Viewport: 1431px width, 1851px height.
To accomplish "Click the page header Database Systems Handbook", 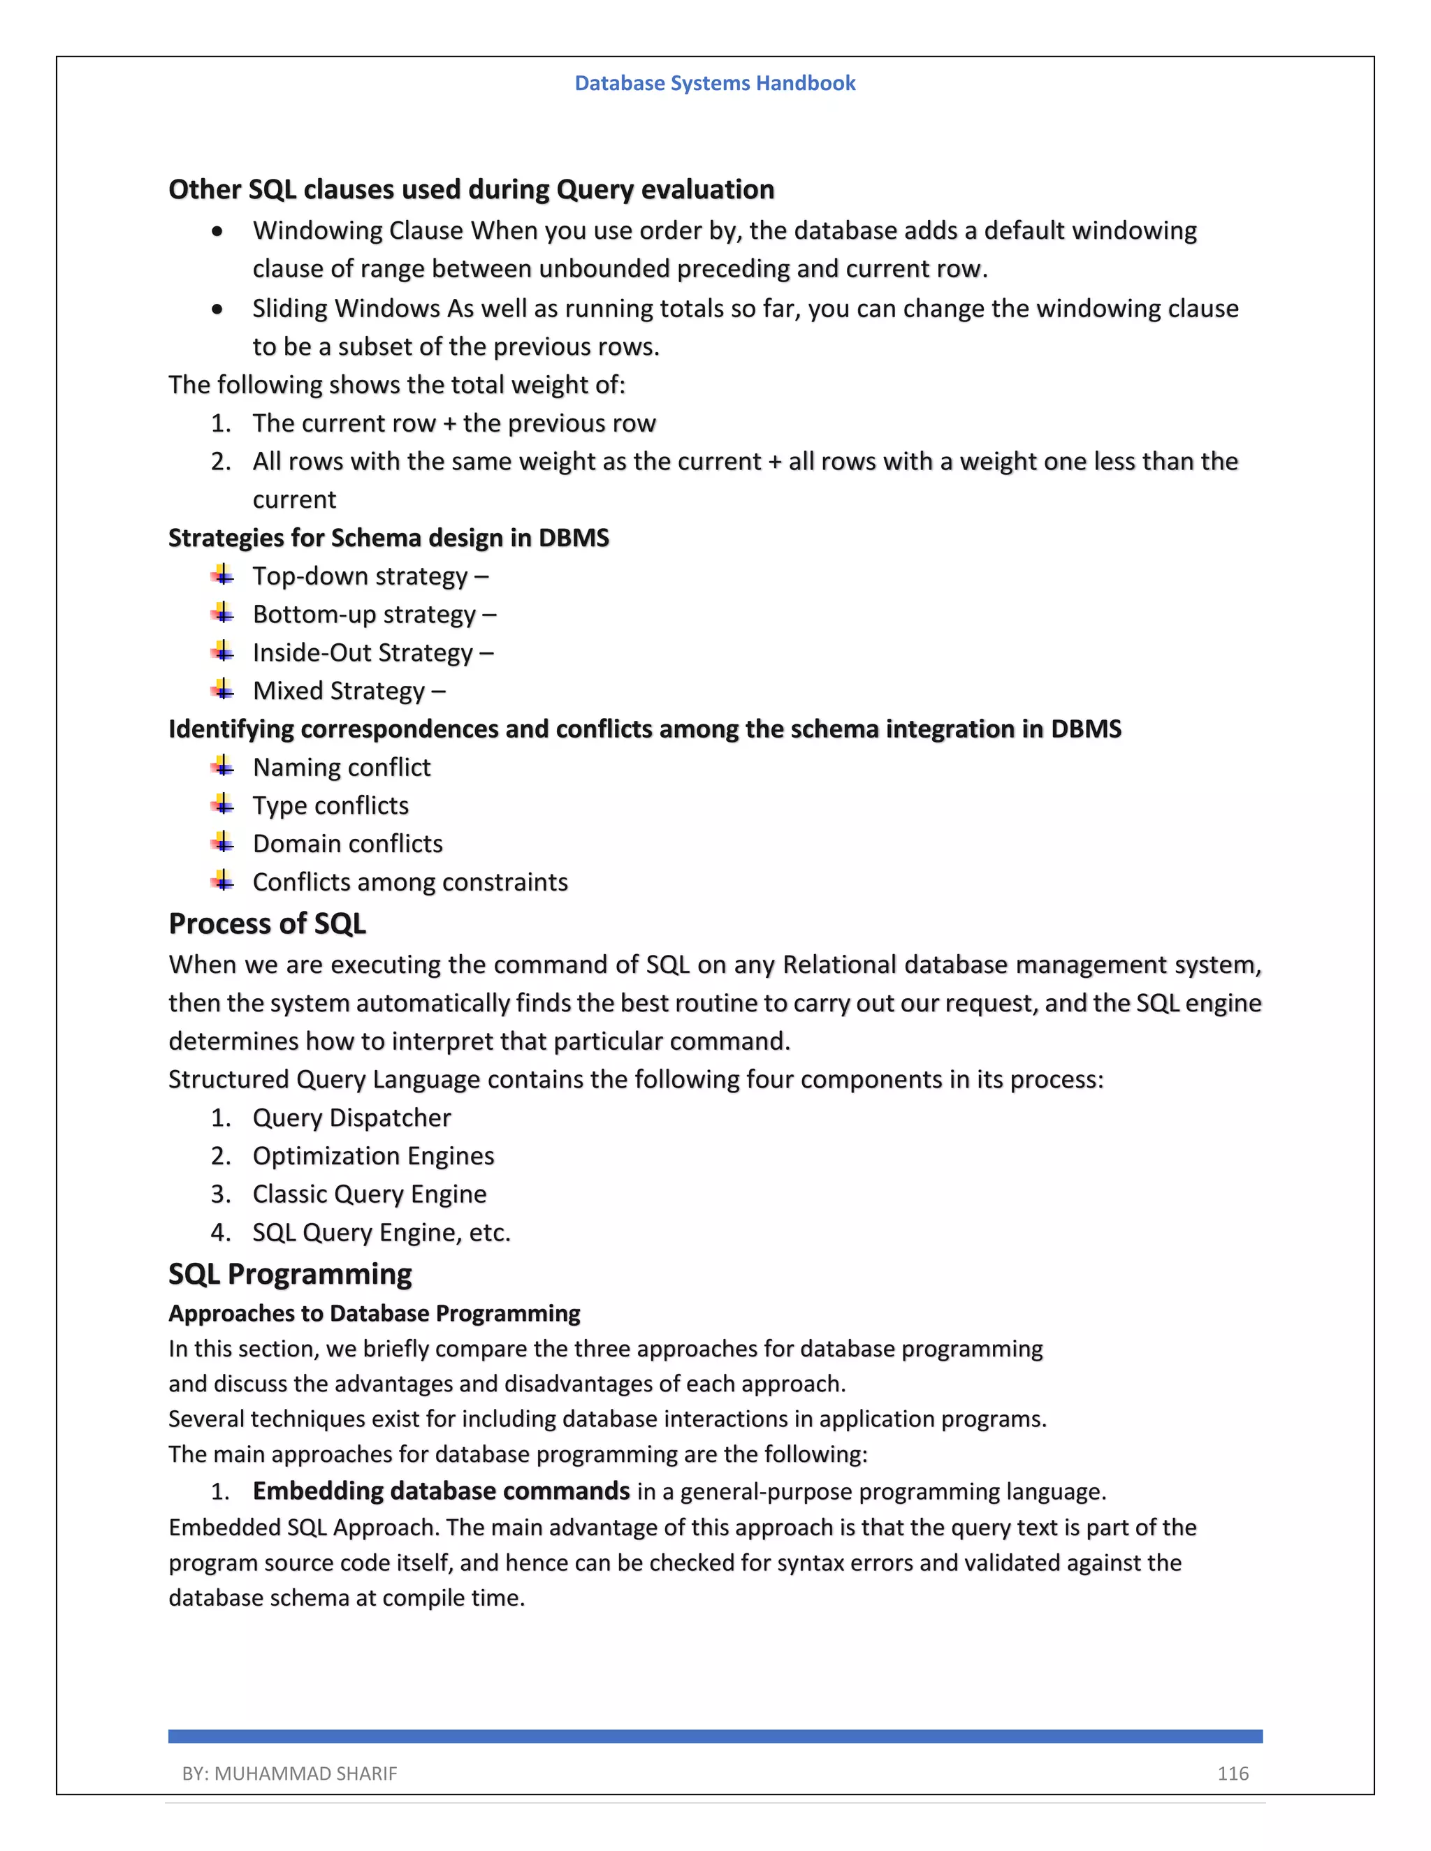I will click(x=715, y=83).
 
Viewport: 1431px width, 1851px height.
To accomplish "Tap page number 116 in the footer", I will click(x=1233, y=1773).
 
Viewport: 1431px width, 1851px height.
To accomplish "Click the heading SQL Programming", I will click(x=290, y=1274).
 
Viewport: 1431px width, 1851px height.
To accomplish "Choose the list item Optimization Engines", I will click(x=373, y=1155).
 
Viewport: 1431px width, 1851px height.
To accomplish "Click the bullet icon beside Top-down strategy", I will click(x=223, y=576).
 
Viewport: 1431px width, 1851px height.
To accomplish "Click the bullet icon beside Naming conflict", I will click(x=223, y=766).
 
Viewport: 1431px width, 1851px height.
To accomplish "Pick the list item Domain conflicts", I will click(x=347, y=843).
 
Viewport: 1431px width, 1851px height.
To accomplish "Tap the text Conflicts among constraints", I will click(x=410, y=881).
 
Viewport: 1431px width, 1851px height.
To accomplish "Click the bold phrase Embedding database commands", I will click(x=441, y=1490).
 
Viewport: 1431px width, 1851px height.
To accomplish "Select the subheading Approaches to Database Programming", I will click(x=374, y=1313).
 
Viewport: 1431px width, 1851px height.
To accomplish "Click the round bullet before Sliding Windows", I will click(x=218, y=309).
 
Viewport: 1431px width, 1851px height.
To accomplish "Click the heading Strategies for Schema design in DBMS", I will click(x=388, y=537).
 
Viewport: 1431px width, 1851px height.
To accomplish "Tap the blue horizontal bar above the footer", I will click(x=715, y=1736).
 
